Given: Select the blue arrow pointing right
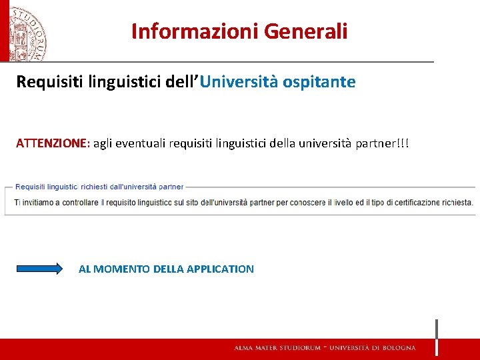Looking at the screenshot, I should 39,269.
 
